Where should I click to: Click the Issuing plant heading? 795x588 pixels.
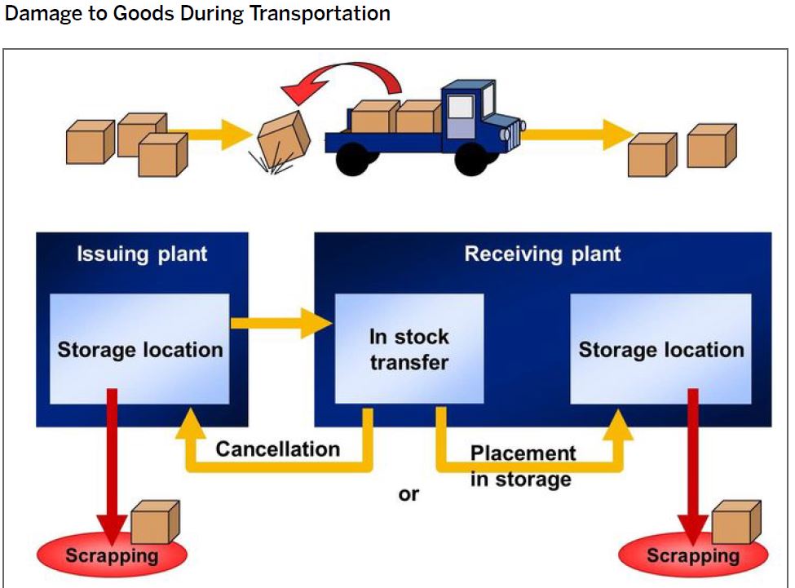[x=142, y=254]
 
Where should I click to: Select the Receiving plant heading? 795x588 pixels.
[x=542, y=254]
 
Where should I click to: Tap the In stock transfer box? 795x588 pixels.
[x=409, y=349]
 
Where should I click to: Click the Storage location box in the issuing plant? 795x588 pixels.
[x=139, y=349]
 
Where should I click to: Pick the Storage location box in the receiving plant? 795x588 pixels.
[x=660, y=349]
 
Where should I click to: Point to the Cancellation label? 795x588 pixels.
[x=277, y=449]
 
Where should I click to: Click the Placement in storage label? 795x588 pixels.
[x=522, y=466]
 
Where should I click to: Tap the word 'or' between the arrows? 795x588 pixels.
[x=409, y=494]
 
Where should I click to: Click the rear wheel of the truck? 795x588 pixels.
[x=353, y=159]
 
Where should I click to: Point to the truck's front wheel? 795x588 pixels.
[x=471, y=159]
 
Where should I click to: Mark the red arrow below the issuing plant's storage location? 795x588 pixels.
[x=112, y=457]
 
